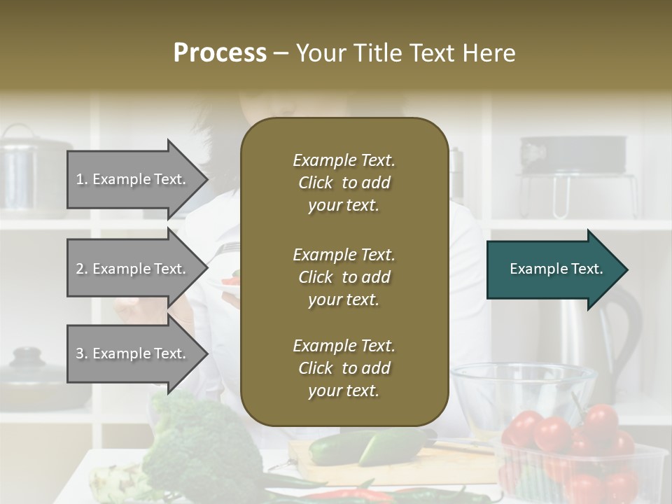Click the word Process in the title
point(220,53)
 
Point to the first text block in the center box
point(344,183)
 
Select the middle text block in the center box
point(344,277)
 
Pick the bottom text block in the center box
point(344,368)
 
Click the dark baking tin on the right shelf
point(573,153)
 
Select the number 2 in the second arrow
point(80,269)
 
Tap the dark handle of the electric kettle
point(626,329)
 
